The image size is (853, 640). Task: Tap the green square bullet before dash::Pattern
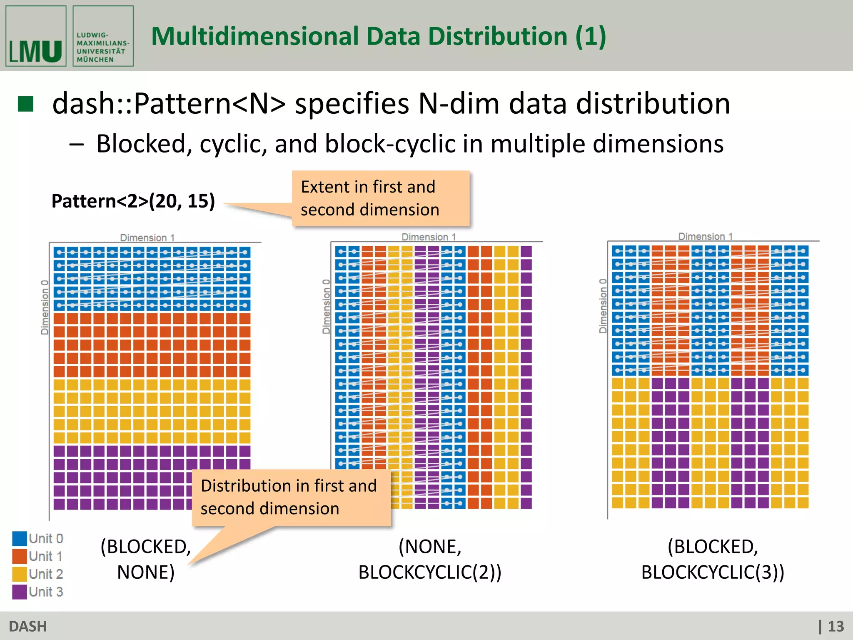click(x=26, y=104)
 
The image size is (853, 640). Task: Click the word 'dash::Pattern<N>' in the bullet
click(x=169, y=103)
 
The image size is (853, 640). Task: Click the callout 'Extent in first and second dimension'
click(x=381, y=198)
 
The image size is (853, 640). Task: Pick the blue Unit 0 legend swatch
click(x=20, y=538)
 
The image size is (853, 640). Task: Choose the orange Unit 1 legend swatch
click(x=20, y=556)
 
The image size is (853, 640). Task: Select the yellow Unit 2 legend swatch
click(x=20, y=574)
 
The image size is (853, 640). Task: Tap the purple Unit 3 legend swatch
click(x=20, y=592)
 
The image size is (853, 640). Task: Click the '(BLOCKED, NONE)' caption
click(x=146, y=559)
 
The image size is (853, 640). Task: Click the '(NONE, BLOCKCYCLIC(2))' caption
click(x=430, y=559)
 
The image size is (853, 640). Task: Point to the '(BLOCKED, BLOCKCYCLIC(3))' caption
click(x=713, y=559)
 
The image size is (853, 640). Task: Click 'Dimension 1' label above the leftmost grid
click(x=147, y=237)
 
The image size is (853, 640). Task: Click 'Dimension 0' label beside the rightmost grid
click(x=602, y=306)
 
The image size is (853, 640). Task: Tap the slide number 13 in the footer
click(x=835, y=626)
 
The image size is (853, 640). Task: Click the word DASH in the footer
click(x=28, y=626)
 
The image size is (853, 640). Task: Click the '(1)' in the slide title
click(x=591, y=37)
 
